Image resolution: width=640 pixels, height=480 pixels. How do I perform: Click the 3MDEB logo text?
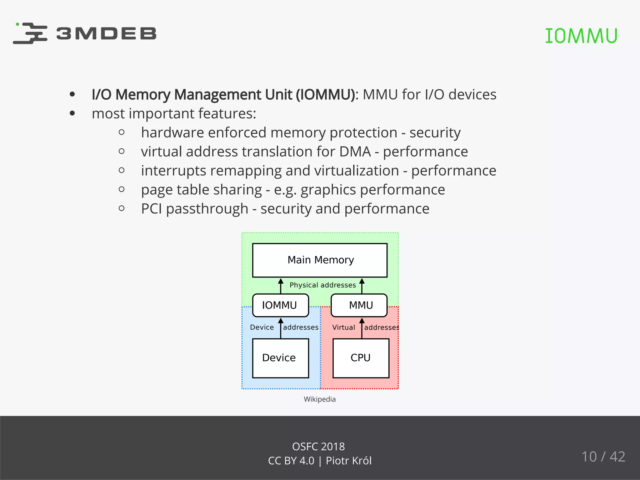coord(106,33)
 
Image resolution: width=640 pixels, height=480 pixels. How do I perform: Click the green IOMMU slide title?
coord(581,36)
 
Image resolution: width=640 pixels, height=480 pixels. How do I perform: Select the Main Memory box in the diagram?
coord(320,260)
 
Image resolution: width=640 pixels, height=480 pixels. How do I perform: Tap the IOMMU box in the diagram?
coord(280,305)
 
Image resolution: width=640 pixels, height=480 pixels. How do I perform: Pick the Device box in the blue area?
coord(280,358)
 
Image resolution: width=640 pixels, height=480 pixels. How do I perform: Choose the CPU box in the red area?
coord(361,358)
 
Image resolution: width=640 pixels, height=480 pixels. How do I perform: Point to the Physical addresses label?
coord(322,285)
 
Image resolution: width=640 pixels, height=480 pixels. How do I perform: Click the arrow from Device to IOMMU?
coord(281,328)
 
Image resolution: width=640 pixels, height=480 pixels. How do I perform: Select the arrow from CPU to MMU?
coord(362,328)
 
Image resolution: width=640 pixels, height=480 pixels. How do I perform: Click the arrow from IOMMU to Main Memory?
coord(281,286)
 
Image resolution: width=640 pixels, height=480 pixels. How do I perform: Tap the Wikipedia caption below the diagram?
coord(320,399)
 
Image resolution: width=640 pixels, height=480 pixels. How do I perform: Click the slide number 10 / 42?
coord(603,457)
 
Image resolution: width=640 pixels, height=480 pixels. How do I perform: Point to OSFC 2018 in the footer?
coord(318,447)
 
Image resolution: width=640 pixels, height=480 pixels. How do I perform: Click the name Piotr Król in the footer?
coord(348,461)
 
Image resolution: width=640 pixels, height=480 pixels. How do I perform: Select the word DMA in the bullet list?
coord(355,152)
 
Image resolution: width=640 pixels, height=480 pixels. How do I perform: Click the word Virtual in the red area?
coord(343,327)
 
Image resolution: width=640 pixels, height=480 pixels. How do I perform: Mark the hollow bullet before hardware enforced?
coord(122,132)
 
